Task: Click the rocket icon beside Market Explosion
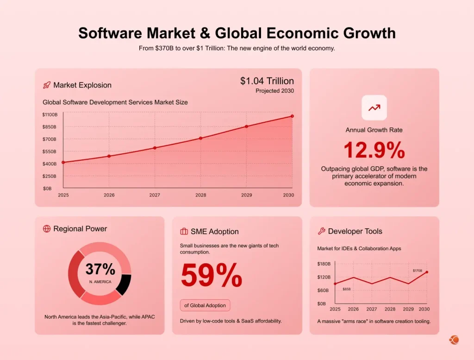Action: (x=46, y=85)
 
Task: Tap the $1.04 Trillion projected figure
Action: (x=267, y=81)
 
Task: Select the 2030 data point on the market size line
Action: (x=292, y=116)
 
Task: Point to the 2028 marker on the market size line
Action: (x=200, y=138)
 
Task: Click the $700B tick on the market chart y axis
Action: (x=49, y=139)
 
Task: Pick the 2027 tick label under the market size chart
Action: (x=155, y=195)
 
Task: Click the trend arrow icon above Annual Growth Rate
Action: (x=374, y=107)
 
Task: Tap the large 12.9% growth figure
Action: (x=374, y=151)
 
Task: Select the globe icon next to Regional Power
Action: (x=46, y=228)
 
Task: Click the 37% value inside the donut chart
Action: (x=100, y=269)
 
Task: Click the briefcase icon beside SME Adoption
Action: (x=184, y=231)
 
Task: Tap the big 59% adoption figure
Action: (x=211, y=276)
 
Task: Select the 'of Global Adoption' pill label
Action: (x=205, y=305)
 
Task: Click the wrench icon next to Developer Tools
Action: (x=321, y=231)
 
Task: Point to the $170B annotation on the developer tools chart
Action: (x=417, y=270)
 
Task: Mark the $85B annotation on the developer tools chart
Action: (x=346, y=289)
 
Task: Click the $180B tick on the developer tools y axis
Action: (x=324, y=264)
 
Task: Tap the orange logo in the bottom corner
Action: (x=454, y=340)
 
